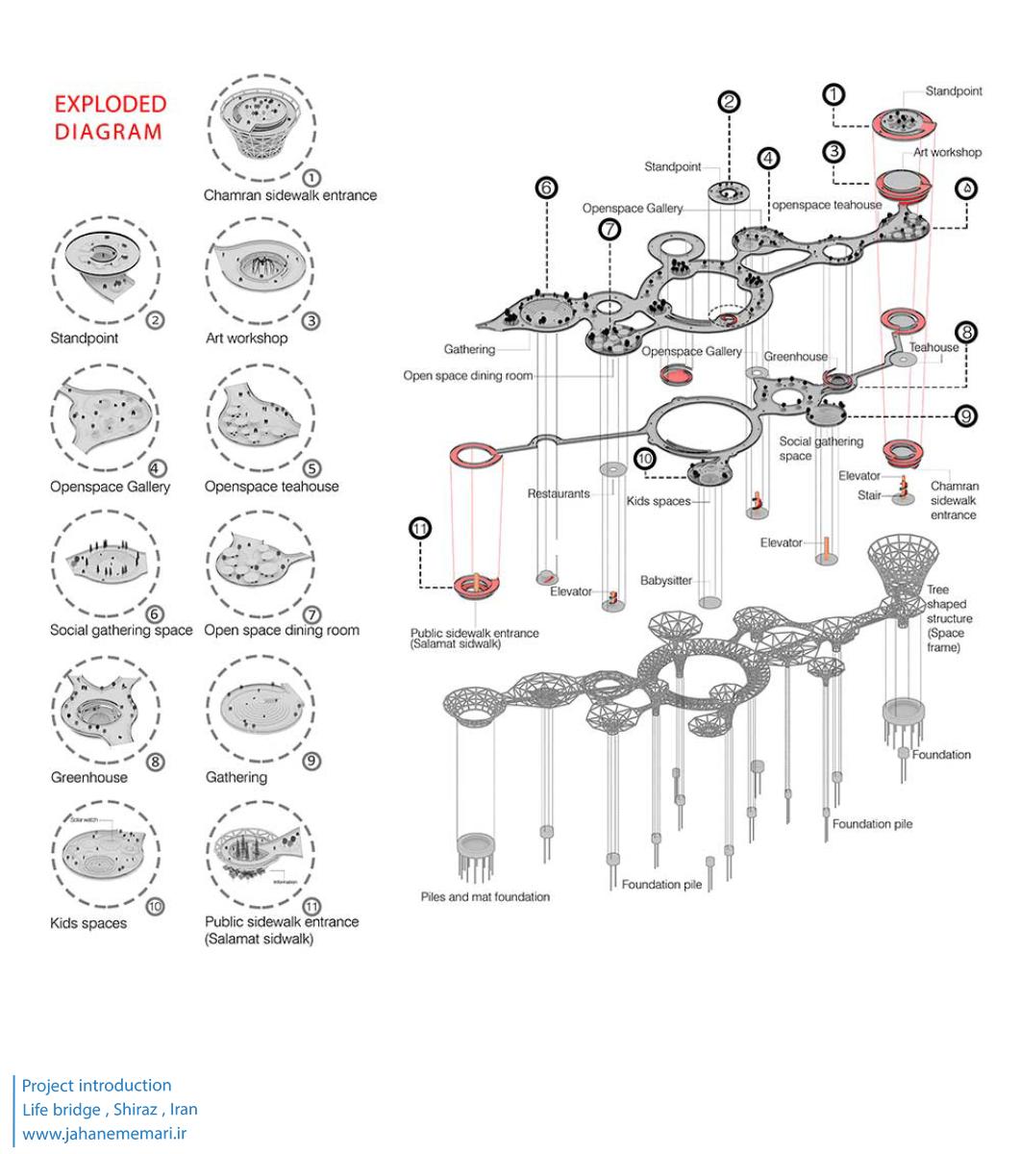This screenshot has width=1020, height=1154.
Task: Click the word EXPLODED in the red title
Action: (x=110, y=104)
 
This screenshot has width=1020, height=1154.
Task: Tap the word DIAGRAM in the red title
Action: (x=108, y=132)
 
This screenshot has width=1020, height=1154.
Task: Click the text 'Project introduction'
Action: (x=96, y=1085)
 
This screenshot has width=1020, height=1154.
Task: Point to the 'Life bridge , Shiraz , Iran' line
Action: (x=110, y=1109)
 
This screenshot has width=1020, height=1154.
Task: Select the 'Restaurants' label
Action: (x=558, y=493)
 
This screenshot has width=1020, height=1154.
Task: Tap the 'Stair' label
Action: (x=869, y=496)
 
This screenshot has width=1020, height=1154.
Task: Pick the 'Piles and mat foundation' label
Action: (x=485, y=897)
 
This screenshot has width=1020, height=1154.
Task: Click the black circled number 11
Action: (x=420, y=528)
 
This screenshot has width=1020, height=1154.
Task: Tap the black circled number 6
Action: (x=546, y=188)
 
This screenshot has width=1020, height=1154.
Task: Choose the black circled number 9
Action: (x=966, y=415)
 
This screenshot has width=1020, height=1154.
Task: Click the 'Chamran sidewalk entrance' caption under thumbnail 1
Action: (x=289, y=195)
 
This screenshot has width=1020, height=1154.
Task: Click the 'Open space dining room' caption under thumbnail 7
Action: (x=282, y=631)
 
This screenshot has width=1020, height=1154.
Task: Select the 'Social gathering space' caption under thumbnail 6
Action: (x=121, y=631)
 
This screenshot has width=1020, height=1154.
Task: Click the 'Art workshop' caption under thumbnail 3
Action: (x=246, y=339)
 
